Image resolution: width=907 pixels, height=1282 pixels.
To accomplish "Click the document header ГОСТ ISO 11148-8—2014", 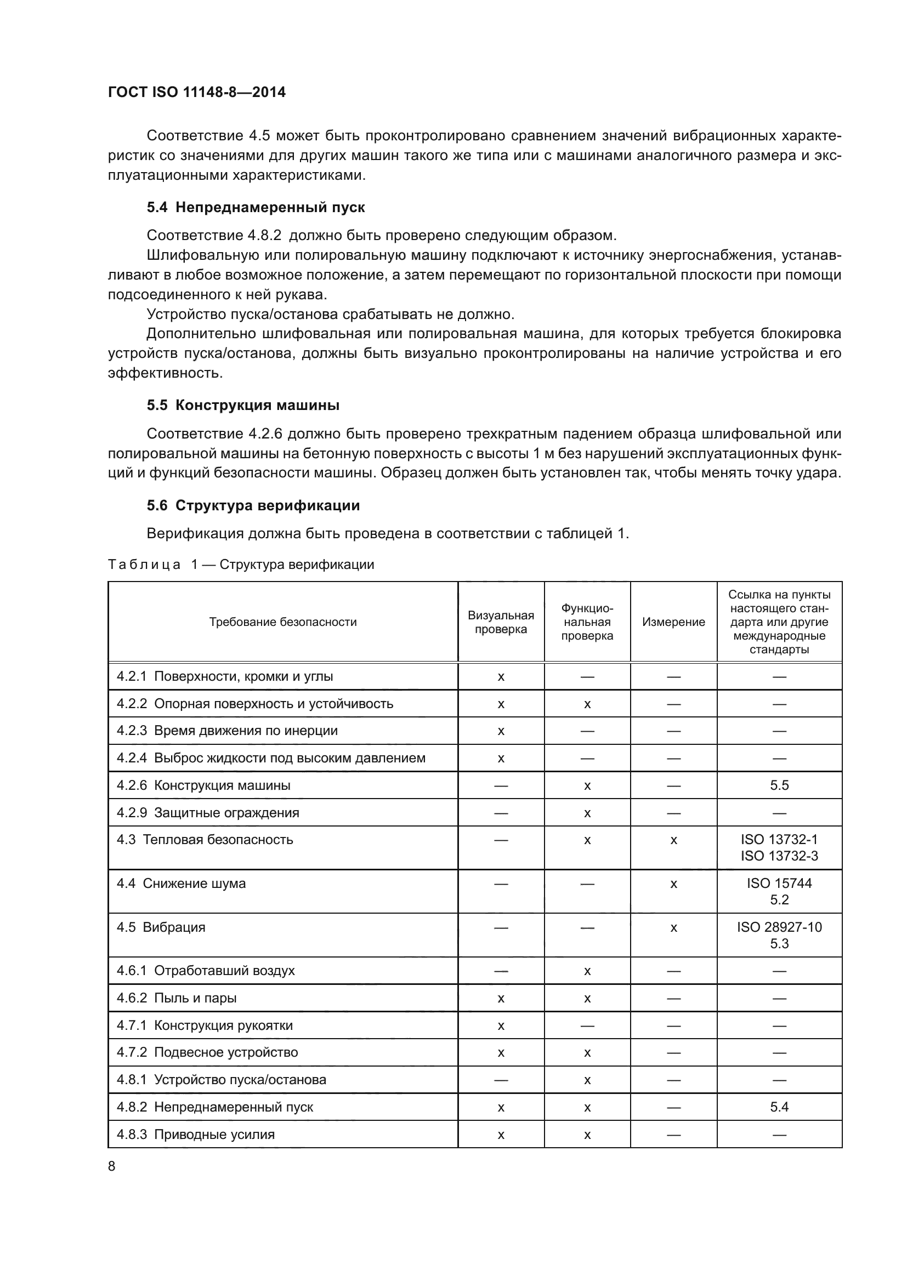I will [x=197, y=92].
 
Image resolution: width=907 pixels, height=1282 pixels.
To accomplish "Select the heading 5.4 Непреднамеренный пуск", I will [x=256, y=207].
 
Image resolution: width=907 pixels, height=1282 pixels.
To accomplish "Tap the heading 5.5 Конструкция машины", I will [x=243, y=405].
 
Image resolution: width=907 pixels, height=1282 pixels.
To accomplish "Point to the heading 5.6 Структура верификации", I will [x=253, y=505].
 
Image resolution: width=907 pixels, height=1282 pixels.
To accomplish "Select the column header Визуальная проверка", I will [x=501, y=622].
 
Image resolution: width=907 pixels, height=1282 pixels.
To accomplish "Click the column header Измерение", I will [x=673, y=622].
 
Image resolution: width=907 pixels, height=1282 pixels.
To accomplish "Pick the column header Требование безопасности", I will [x=282, y=622].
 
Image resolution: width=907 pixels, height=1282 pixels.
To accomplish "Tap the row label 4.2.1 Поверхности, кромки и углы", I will [x=224, y=676].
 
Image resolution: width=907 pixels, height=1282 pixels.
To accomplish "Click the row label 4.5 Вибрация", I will [x=161, y=927].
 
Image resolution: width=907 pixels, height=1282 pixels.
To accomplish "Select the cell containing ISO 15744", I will [x=779, y=884].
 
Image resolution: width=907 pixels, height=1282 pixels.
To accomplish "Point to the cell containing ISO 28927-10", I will [x=779, y=927].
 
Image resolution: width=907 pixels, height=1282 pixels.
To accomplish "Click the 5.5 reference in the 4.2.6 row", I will [x=779, y=785].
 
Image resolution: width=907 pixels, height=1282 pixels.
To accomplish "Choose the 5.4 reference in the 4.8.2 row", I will [x=779, y=1107].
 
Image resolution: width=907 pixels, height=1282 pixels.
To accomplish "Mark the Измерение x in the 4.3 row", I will [x=673, y=840].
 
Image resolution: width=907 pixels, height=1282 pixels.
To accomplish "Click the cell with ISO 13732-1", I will [x=779, y=840].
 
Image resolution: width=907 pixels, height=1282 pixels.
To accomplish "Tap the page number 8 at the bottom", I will [x=112, y=1166].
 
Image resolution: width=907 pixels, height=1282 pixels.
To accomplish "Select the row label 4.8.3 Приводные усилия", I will [x=195, y=1134].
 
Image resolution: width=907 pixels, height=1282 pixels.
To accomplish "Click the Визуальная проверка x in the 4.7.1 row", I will [x=501, y=1025].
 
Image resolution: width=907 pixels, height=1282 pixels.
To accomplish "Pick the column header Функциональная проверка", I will [x=587, y=622].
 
